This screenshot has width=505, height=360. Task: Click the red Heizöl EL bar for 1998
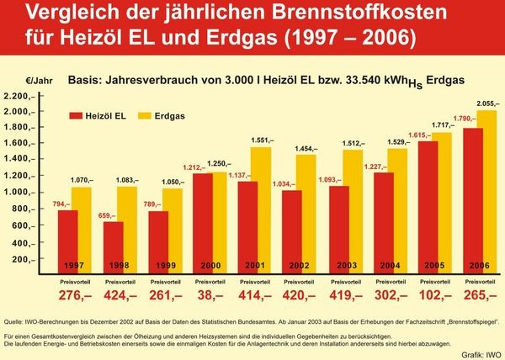[113, 244]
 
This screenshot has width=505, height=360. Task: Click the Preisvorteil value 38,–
[208, 296]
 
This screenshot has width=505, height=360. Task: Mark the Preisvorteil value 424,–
[120, 296]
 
